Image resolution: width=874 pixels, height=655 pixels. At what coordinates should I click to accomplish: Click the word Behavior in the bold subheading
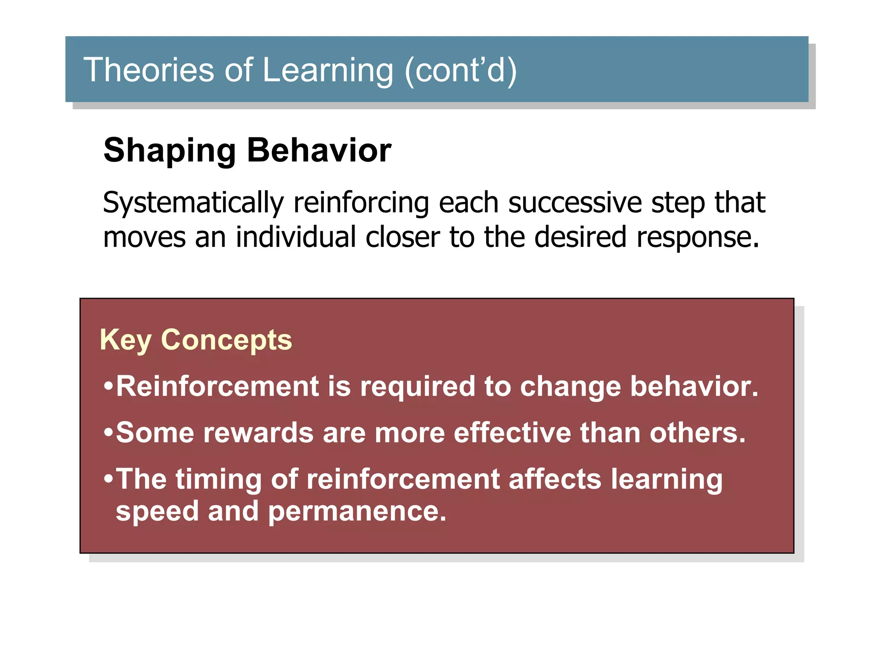(x=319, y=150)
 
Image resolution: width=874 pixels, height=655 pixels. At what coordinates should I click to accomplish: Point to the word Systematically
(x=193, y=203)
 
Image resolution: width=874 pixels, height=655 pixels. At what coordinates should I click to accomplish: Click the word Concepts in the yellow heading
(x=226, y=340)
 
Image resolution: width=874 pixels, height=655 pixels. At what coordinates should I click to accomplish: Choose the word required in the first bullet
(x=417, y=387)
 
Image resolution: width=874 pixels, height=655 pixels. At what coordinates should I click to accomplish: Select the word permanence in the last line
(x=357, y=511)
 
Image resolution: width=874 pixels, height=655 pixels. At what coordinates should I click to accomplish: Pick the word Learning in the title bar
(x=328, y=70)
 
